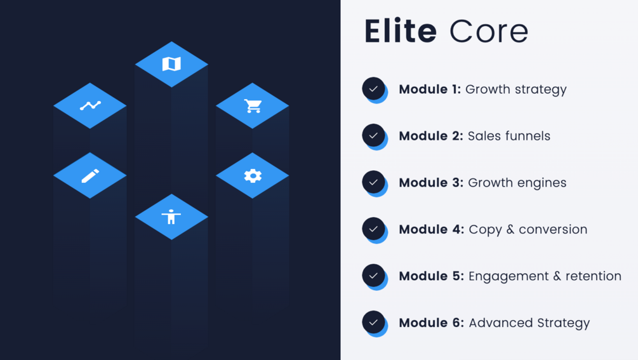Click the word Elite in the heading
point(400,31)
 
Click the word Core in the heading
point(488,31)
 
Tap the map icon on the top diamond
point(171,64)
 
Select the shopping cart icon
point(253,105)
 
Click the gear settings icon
point(253,175)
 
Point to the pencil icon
point(90,175)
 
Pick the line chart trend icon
point(90,105)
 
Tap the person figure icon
point(171,217)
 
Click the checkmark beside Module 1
point(373,89)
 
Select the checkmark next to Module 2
point(373,135)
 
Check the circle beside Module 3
point(373,182)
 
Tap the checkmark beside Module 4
point(373,229)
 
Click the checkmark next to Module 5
point(373,276)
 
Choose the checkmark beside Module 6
point(373,322)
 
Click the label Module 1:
point(430,90)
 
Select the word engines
point(542,183)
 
